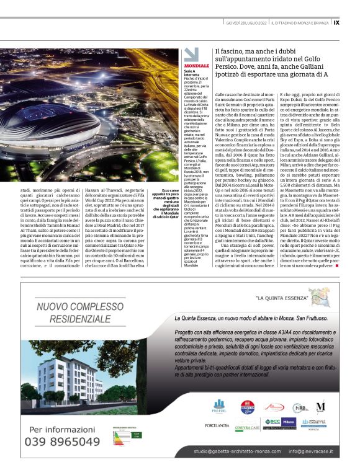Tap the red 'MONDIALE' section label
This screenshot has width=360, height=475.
click(x=197, y=65)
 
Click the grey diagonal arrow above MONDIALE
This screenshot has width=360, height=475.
click(x=191, y=54)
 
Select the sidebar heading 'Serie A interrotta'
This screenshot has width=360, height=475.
click(x=192, y=74)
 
